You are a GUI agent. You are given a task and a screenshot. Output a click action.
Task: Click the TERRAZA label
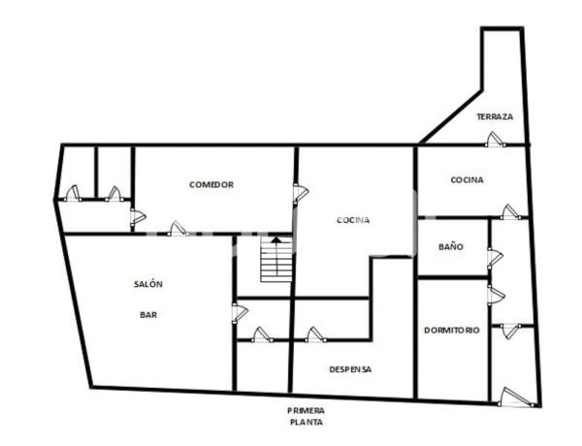click(495, 117)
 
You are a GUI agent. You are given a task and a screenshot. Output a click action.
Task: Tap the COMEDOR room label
click(211, 184)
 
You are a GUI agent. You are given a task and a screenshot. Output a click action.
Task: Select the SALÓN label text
click(148, 283)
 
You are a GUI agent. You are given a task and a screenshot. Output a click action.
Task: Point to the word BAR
click(148, 314)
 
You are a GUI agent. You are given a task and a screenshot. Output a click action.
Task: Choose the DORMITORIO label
click(452, 331)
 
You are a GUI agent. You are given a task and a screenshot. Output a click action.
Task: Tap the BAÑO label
click(451, 247)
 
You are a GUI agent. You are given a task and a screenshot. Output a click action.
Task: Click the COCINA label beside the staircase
click(353, 220)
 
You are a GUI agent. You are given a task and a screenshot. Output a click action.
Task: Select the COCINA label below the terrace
click(467, 180)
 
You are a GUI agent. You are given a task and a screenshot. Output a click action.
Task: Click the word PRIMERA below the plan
click(306, 409)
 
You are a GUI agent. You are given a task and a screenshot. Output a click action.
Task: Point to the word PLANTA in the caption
click(306, 422)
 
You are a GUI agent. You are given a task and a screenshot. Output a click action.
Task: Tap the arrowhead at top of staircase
click(275, 239)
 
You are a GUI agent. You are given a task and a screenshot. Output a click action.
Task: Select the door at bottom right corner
click(512, 396)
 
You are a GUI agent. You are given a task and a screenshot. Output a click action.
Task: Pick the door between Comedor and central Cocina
click(301, 193)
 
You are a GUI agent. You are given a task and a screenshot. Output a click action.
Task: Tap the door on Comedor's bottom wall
click(177, 229)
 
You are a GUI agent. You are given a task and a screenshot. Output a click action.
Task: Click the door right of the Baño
click(496, 256)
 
